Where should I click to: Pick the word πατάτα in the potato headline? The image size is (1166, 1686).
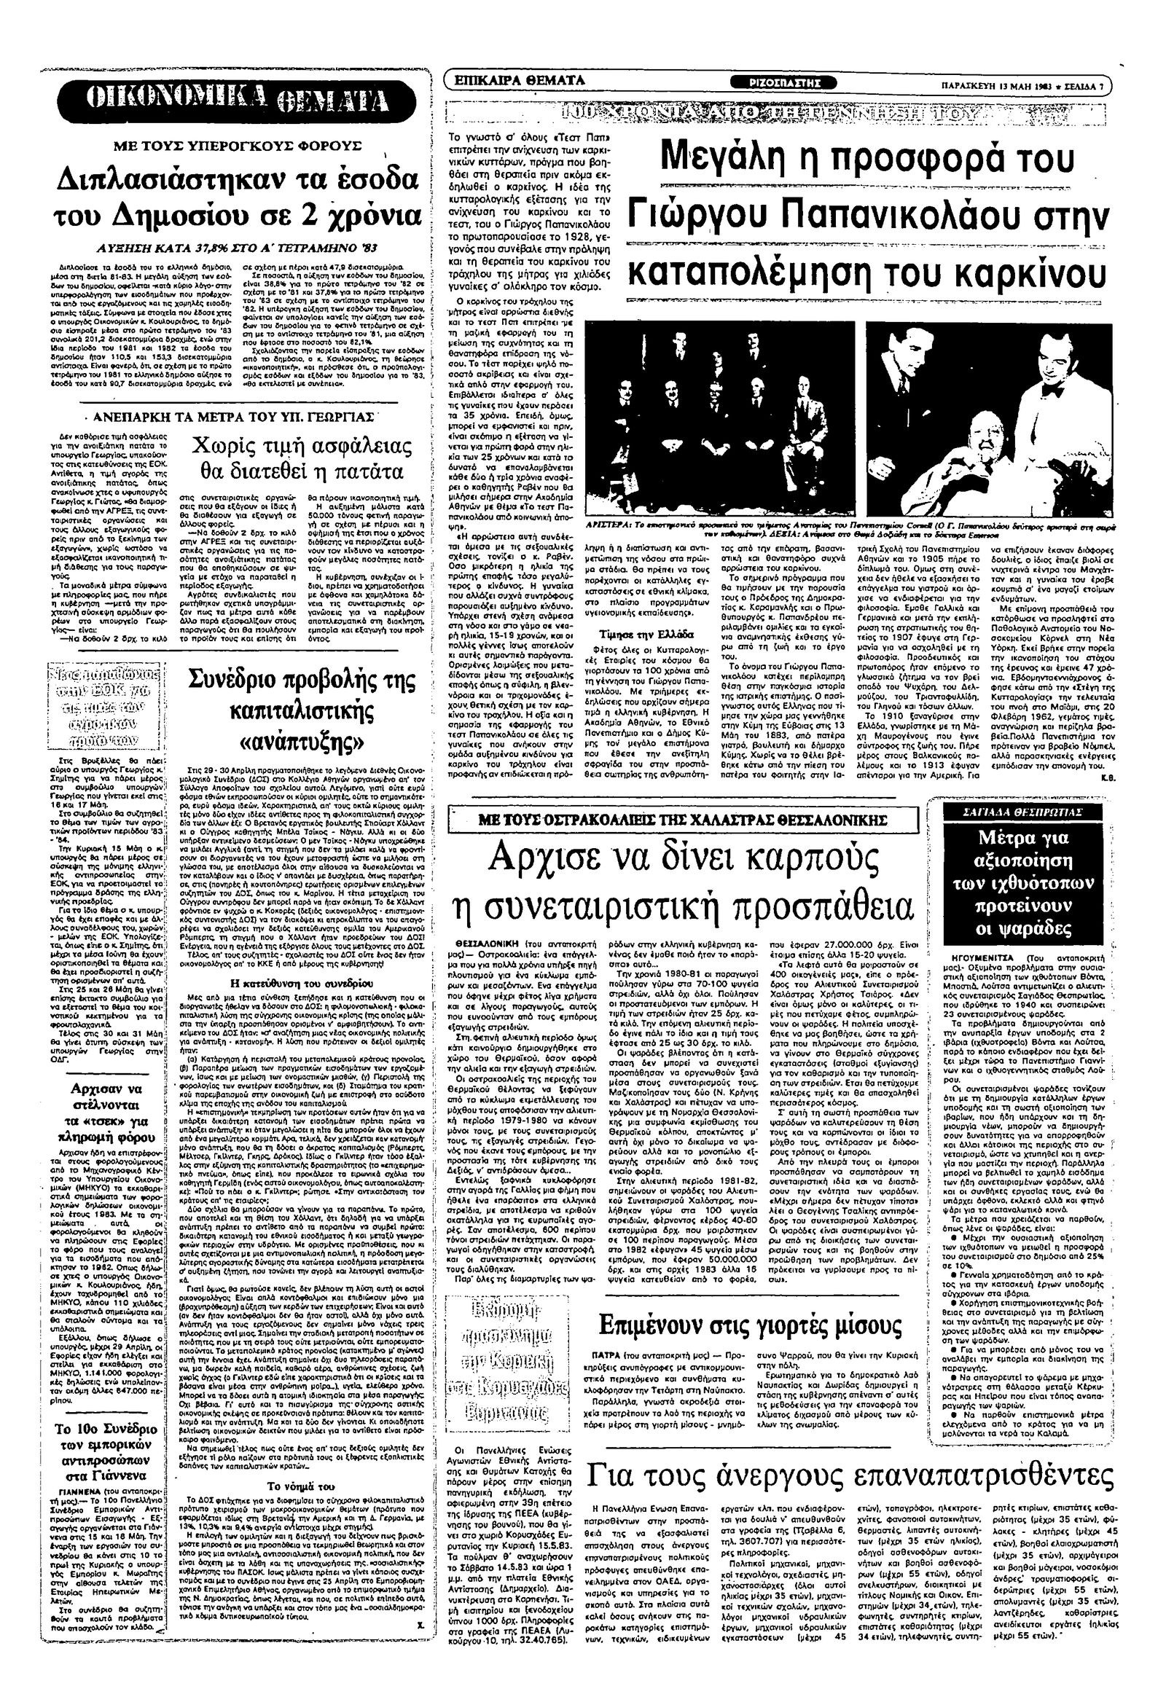353,469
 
